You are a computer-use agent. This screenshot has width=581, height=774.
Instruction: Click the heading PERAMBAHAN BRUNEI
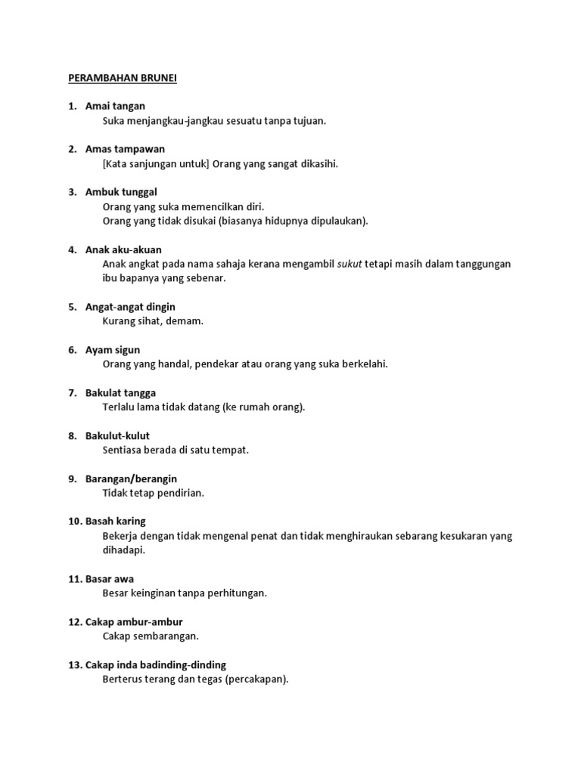point(123,78)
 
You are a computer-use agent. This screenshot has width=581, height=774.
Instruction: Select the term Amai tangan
point(115,106)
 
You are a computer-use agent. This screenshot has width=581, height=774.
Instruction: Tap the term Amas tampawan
point(125,149)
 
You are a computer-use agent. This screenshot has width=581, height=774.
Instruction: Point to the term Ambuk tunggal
point(121,192)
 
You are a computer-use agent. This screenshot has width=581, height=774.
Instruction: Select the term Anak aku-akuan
point(123,249)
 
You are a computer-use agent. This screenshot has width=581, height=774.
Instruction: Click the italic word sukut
point(350,264)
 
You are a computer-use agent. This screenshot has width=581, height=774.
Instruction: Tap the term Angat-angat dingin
point(130,307)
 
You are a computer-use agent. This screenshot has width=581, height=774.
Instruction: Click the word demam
point(188,321)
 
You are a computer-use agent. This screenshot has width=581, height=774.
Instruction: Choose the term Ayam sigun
point(113,350)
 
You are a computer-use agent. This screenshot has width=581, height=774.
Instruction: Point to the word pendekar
point(225,364)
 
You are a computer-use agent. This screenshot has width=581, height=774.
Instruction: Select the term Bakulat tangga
point(121,393)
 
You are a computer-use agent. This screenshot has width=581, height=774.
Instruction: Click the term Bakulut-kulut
point(117,435)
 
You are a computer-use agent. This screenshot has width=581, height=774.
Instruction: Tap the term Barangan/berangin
point(131,478)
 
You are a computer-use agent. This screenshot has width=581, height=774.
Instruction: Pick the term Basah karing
point(116,522)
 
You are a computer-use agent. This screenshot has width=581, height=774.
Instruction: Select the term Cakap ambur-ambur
point(134,622)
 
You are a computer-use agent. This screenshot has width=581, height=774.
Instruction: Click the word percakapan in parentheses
point(256,679)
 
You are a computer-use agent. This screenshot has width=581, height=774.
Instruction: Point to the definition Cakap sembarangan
point(151,636)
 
